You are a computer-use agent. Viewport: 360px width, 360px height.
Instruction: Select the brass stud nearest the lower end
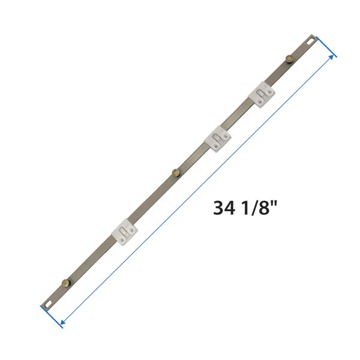[65, 282]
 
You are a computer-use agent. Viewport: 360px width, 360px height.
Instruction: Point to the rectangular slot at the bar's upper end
[309, 41]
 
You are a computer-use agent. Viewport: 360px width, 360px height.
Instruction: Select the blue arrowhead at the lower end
[62, 324]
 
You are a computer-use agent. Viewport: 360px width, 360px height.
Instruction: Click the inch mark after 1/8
[274, 204]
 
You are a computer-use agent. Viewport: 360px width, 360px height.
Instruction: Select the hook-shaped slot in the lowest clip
[124, 230]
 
